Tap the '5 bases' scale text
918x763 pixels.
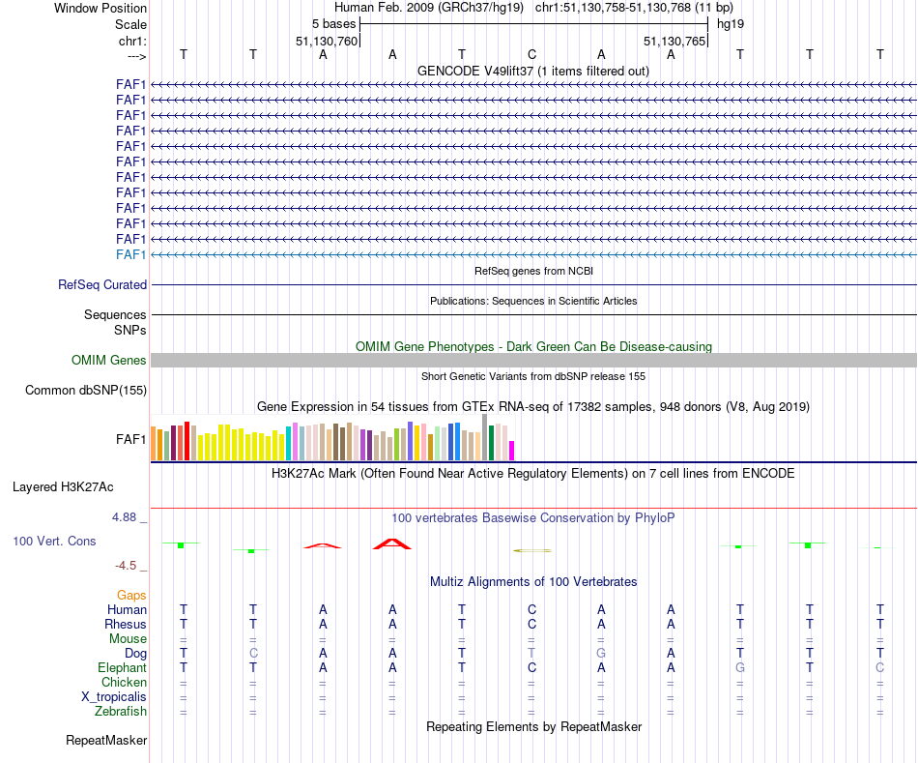click(x=333, y=23)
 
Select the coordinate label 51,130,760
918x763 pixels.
click(x=327, y=41)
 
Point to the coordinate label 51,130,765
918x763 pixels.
click(x=674, y=41)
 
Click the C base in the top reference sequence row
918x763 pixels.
click(x=531, y=54)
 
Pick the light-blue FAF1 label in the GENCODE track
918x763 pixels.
click(x=130, y=254)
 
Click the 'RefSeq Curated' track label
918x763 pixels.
click(x=102, y=285)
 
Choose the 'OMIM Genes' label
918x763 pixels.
click(x=109, y=361)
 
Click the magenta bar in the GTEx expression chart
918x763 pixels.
click(x=512, y=451)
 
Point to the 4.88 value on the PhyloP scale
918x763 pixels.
click(x=129, y=517)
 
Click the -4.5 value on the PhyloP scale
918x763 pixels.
click(x=131, y=566)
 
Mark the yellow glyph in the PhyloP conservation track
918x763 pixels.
click(x=532, y=550)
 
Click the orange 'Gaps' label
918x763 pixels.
click(x=131, y=596)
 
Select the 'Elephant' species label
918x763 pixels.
click(x=122, y=668)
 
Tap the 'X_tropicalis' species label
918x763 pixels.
click(x=114, y=697)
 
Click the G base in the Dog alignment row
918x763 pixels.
click(x=601, y=654)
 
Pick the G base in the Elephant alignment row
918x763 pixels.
click(x=740, y=668)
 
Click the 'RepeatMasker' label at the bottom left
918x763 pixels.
click(x=106, y=741)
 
